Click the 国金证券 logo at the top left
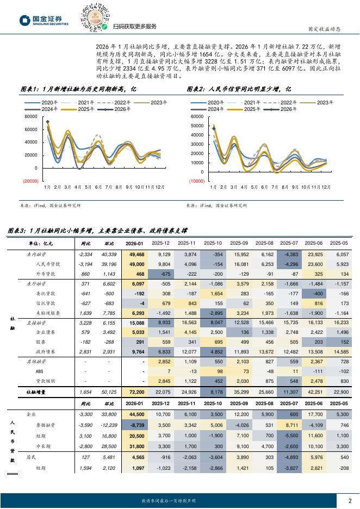44,21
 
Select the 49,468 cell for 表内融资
136,254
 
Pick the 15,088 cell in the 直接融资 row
136,322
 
